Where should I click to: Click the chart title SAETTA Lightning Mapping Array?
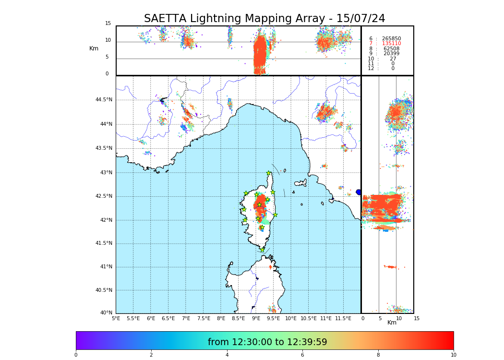click(264, 19)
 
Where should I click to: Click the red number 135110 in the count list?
click(391, 44)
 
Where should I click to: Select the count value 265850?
click(391, 38)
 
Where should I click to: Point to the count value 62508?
click(391, 48)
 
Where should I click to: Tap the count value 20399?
click(391, 54)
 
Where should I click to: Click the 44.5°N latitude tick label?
click(104, 100)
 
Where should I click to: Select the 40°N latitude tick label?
click(106, 313)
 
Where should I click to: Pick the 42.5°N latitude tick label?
click(104, 196)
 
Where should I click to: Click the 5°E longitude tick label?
click(116, 318)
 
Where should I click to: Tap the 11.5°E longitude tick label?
click(343, 318)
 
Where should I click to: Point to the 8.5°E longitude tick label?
click(238, 318)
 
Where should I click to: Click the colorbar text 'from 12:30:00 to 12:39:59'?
click(267, 342)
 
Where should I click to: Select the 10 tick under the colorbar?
click(453, 355)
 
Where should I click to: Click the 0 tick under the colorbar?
click(76, 355)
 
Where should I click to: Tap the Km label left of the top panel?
click(94, 48)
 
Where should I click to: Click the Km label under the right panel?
click(392, 323)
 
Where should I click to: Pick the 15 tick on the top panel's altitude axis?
click(108, 24)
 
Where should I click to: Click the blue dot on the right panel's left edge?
click(359, 192)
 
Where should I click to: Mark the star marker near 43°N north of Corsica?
click(269, 173)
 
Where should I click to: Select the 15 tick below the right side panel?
click(417, 318)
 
